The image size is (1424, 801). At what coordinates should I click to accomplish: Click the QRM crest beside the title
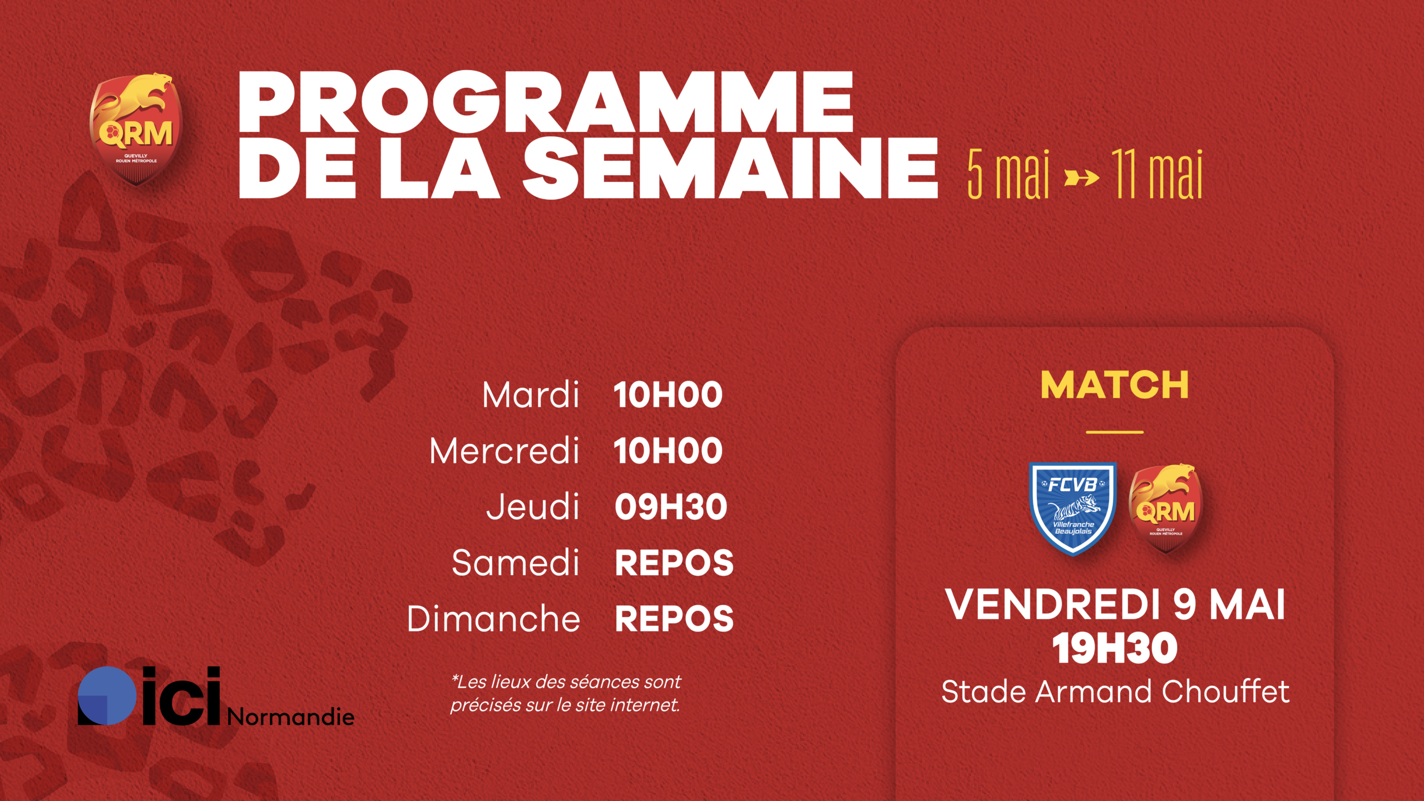(136, 129)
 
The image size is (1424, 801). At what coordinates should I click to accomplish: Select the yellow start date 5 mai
(1008, 174)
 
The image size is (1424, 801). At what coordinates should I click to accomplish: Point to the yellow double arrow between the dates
(1081, 179)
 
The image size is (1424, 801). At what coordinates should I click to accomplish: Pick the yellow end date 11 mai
(1158, 174)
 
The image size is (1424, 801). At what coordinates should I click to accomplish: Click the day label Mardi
(531, 395)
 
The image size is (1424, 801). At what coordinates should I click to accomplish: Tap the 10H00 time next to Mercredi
(668, 451)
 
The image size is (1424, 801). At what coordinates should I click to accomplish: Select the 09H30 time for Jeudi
(670, 507)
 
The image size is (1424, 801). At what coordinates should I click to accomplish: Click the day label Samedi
(516, 563)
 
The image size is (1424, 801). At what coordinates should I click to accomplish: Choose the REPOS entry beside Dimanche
(674, 619)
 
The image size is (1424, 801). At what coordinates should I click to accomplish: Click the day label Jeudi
(533, 507)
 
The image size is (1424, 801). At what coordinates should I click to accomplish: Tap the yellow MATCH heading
(1115, 385)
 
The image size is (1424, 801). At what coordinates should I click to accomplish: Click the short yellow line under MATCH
(1115, 432)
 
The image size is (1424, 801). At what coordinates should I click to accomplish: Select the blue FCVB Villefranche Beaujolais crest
(1073, 508)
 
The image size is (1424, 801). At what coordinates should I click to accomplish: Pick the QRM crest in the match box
(1166, 508)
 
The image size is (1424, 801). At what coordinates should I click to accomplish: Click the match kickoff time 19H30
(1115, 649)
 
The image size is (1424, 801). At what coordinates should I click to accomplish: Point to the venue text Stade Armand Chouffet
(1115, 692)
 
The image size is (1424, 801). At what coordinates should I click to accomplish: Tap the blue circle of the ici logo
(107, 695)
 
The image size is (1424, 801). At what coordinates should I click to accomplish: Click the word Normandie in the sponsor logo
(290, 716)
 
